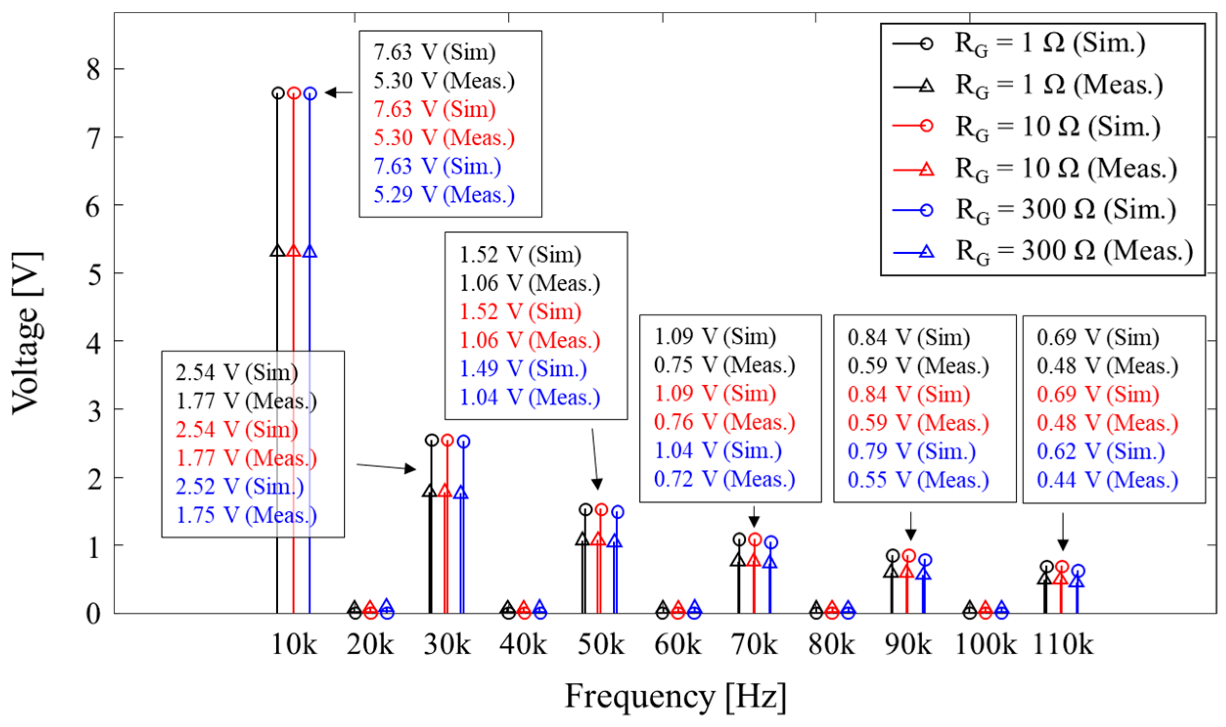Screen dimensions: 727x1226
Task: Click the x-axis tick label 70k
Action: (754, 645)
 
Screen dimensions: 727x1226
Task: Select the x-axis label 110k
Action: (1063, 645)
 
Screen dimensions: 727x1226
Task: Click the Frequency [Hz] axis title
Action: (675, 696)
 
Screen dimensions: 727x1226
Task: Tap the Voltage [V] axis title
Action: (26, 333)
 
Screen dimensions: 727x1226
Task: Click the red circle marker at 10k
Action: (293, 93)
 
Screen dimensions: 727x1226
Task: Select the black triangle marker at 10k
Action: (277, 251)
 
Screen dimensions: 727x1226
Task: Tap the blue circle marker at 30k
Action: (463, 441)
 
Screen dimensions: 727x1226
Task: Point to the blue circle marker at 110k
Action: (1078, 571)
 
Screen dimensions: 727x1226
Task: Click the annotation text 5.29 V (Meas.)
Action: (444, 195)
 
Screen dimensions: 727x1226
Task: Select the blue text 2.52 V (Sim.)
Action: (240, 486)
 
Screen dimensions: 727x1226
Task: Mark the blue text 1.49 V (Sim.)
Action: (523, 369)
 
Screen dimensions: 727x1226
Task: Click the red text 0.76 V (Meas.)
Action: (724, 422)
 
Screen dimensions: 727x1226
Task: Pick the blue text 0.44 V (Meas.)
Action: (1107, 480)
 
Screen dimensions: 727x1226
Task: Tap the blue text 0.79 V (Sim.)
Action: (912, 451)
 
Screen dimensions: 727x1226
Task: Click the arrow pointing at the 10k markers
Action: (338, 92)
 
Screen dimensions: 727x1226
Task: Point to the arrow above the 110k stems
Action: (1063, 532)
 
